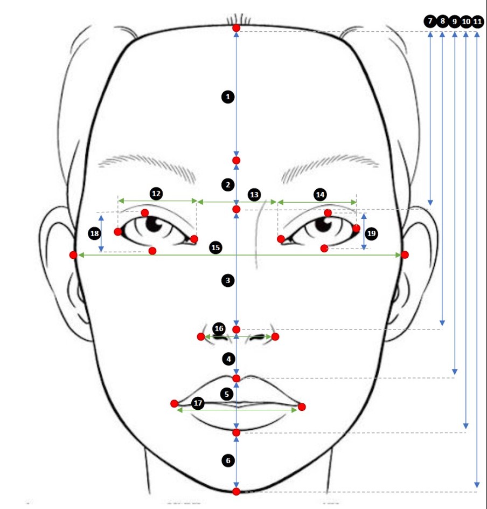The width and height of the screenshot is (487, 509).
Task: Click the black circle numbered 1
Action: (x=228, y=97)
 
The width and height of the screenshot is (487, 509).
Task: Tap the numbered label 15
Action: (x=215, y=247)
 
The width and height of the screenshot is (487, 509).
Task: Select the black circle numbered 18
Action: (x=94, y=233)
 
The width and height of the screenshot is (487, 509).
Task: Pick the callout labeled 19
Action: (x=372, y=233)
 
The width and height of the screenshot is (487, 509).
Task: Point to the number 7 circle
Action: (x=430, y=21)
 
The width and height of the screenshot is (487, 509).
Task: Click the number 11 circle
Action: (x=477, y=22)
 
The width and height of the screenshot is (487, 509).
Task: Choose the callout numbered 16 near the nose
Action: (x=219, y=328)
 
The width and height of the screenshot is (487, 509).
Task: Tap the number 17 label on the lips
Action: (x=198, y=403)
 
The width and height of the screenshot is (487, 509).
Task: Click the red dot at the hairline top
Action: (x=236, y=28)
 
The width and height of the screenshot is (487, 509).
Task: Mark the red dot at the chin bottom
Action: (x=236, y=491)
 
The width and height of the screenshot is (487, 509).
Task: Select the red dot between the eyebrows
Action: (x=236, y=160)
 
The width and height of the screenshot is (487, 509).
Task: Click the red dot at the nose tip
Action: (x=236, y=329)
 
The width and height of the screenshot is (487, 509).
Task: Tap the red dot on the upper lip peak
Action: (x=236, y=378)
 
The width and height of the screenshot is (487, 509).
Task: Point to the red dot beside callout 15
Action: (x=152, y=251)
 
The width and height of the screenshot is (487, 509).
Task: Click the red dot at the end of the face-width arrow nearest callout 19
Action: (x=405, y=255)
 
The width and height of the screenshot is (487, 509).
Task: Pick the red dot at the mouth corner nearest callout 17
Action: (x=174, y=403)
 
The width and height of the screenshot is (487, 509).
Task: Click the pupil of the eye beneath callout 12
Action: (x=154, y=223)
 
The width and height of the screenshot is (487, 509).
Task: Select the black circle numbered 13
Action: (x=254, y=195)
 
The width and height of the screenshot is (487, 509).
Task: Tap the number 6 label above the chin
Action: (x=228, y=460)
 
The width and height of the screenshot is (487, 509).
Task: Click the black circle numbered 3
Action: (x=228, y=280)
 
